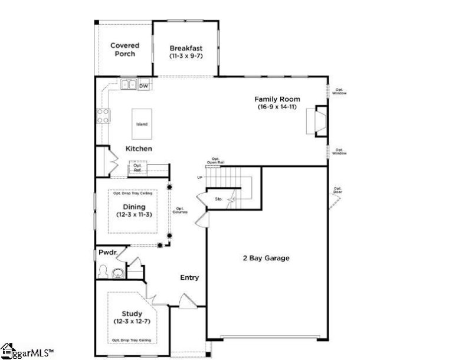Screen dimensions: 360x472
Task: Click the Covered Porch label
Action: [x=124, y=50]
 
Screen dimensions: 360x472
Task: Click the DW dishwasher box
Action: [x=143, y=86]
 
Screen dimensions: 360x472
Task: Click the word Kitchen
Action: [x=139, y=149]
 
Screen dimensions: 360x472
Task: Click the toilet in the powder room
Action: [x=105, y=272]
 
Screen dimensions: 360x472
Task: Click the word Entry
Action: [x=189, y=277]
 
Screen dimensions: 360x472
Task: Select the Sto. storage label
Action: [x=218, y=199]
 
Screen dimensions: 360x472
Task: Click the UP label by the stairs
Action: [x=200, y=178]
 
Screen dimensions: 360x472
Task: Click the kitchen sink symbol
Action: [x=128, y=85]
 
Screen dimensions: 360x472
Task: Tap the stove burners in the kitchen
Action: [x=103, y=116]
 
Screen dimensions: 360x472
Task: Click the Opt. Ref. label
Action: [x=137, y=168]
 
